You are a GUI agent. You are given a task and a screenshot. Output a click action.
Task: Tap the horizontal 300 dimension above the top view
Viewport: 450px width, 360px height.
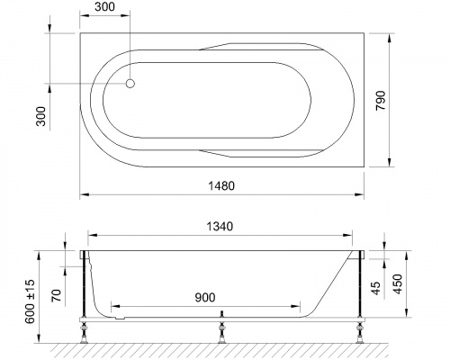coord(104,7)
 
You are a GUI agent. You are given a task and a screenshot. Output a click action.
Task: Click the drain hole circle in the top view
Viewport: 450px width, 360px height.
coord(130,84)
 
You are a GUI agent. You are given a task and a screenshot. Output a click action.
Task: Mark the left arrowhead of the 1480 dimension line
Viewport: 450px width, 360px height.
coord(83,193)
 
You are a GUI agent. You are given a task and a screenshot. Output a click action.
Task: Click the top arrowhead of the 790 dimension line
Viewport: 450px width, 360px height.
coord(390,38)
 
